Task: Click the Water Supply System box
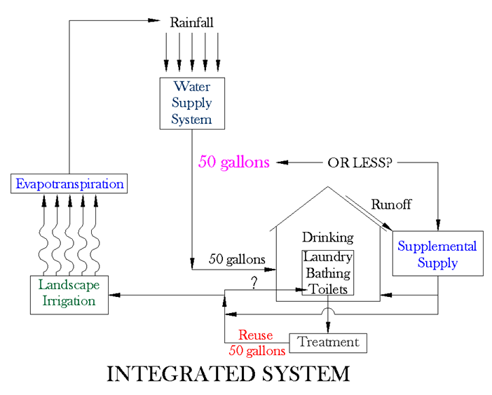[192, 102]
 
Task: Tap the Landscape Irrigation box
[69, 294]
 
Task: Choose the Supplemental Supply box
[437, 255]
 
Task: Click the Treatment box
[328, 342]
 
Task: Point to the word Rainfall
[192, 23]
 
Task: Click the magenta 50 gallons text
[234, 162]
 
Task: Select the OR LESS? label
[360, 163]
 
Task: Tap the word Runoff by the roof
[391, 205]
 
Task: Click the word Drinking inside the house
[327, 237]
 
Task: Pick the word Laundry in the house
[327, 257]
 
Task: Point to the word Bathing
[327, 273]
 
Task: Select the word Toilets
[327, 289]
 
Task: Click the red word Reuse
[257, 335]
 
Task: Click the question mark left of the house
[254, 282]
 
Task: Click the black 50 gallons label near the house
[238, 259]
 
